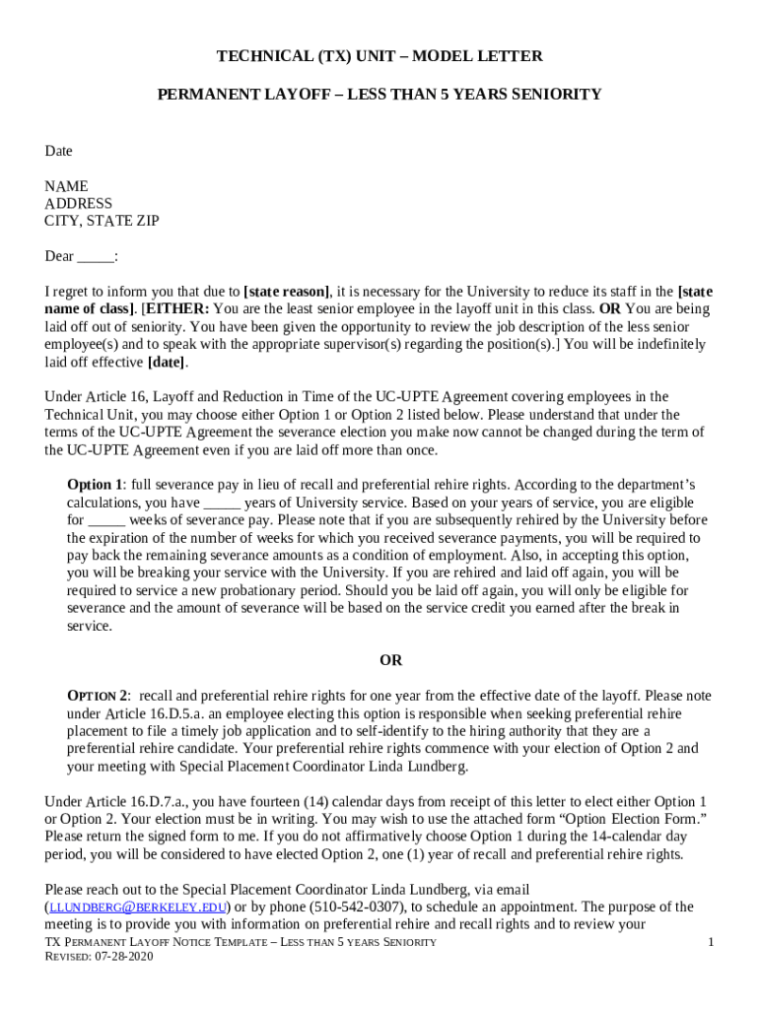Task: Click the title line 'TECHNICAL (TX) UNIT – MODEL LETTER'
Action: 379,56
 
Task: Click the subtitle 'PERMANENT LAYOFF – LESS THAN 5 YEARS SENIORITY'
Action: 379,95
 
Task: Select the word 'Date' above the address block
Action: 58,151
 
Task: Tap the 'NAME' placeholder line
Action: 66,186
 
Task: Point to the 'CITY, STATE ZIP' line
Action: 102,221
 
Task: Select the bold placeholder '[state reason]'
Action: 287,292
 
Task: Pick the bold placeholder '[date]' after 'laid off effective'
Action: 167,363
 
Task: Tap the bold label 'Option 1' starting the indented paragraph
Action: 96,485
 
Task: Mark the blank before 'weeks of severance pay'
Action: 106,520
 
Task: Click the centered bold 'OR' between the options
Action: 391,660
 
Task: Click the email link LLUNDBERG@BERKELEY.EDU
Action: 138,908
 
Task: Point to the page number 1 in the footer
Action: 710,943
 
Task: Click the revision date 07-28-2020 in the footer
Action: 126,957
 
